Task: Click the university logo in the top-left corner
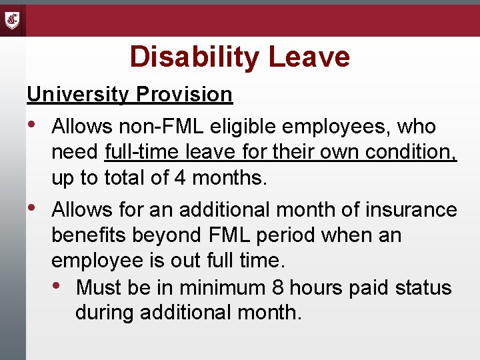[x=13, y=20]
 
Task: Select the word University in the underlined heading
[x=77, y=95]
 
